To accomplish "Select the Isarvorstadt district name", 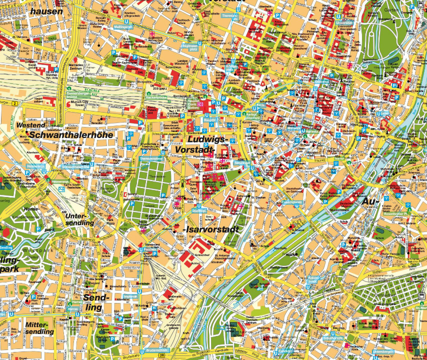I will [209, 229].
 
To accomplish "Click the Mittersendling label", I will [38, 327].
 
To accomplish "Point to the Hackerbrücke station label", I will [158, 97].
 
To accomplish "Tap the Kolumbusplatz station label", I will [313, 280].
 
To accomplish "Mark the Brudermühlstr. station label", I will [155, 350].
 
